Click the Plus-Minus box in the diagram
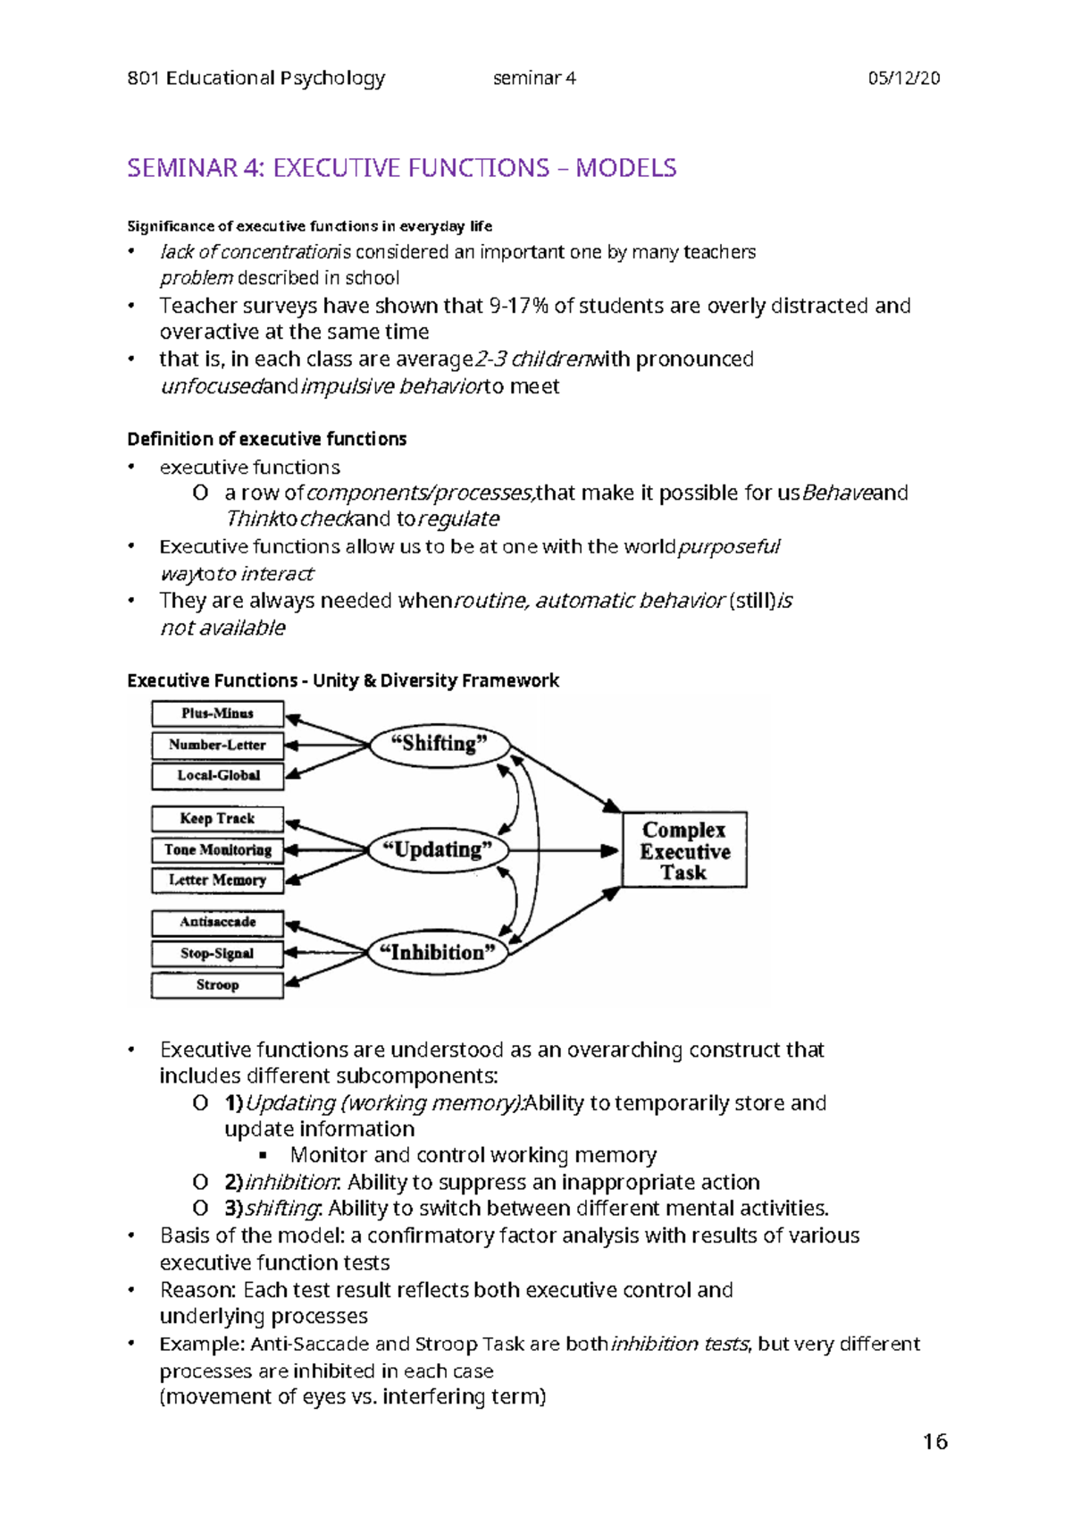[217, 713]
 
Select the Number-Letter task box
[217, 745]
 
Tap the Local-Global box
[217, 776]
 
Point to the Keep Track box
[217, 819]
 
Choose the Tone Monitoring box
[217, 850]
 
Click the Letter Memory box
[217, 881]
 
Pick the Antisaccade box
[217, 923]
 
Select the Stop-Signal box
[217, 954]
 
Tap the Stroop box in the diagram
[217, 985]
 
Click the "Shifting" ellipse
[440, 744]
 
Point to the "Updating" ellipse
[438, 850]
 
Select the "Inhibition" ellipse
[438, 953]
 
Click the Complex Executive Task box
[684, 850]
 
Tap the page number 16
[935, 1442]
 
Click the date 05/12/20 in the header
[903, 79]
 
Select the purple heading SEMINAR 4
[401, 168]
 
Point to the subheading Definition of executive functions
[266, 439]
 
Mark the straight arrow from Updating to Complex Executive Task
[572, 850]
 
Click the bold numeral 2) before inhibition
[233, 1182]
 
